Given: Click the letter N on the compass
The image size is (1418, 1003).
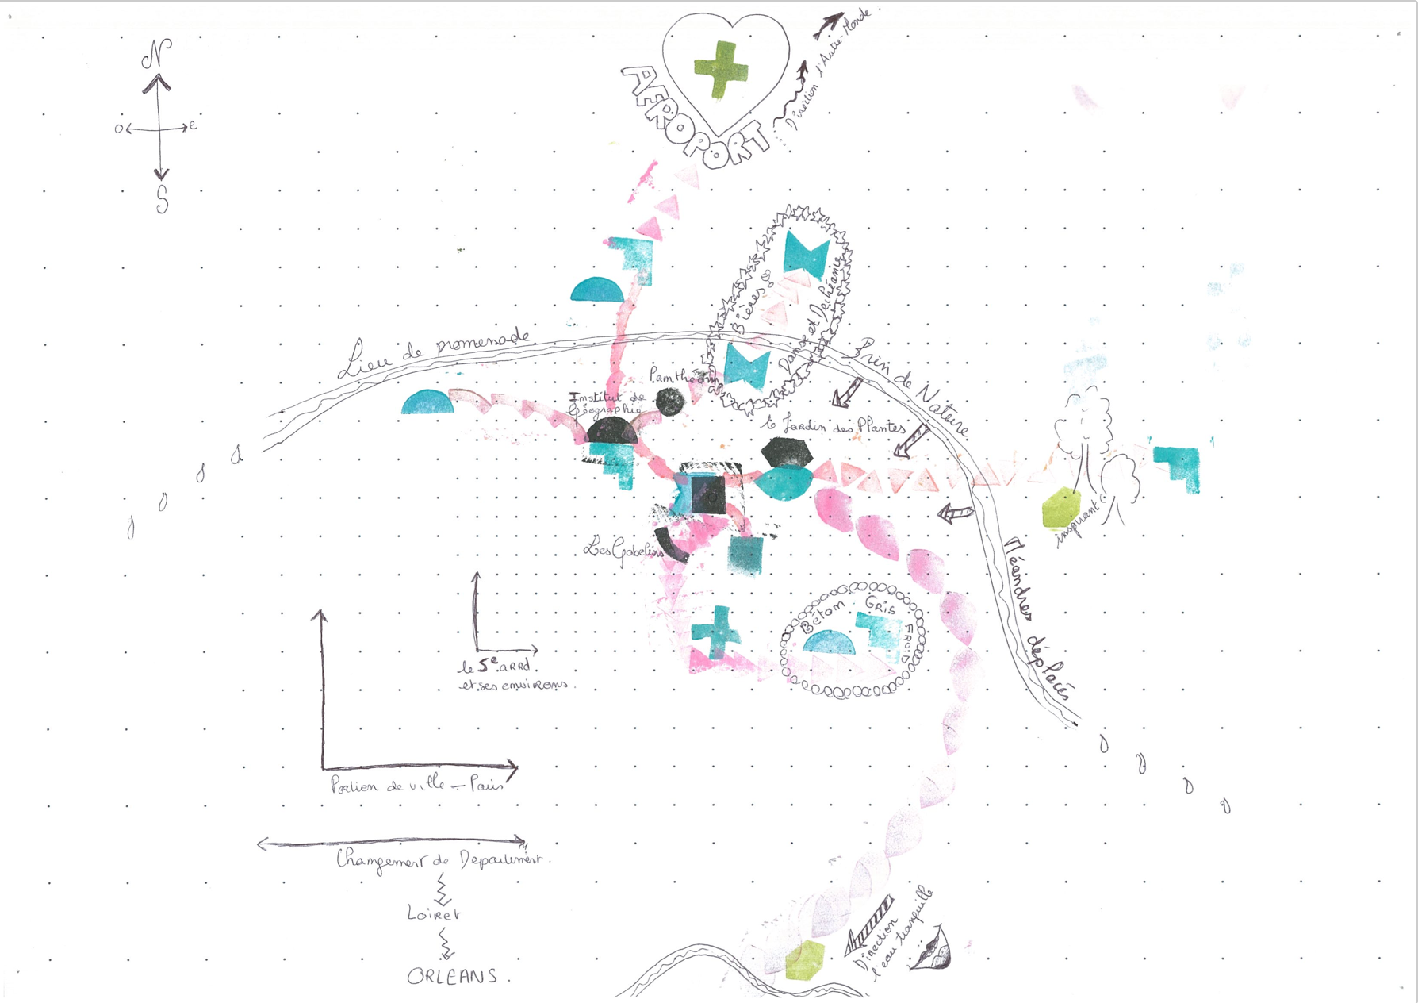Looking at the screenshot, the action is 157,55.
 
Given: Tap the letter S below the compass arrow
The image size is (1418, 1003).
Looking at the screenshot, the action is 163,199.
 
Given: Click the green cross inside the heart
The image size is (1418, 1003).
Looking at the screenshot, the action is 720,69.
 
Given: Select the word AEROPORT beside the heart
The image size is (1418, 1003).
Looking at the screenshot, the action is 695,119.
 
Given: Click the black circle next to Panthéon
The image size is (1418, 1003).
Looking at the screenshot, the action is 670,402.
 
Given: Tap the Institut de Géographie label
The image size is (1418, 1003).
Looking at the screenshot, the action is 607,403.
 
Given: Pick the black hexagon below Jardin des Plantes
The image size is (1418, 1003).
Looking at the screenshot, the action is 787,452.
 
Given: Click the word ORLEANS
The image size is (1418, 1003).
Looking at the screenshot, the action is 453,977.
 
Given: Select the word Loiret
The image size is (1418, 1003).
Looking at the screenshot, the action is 434,914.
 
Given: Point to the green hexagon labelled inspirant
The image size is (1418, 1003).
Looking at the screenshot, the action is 1060,508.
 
